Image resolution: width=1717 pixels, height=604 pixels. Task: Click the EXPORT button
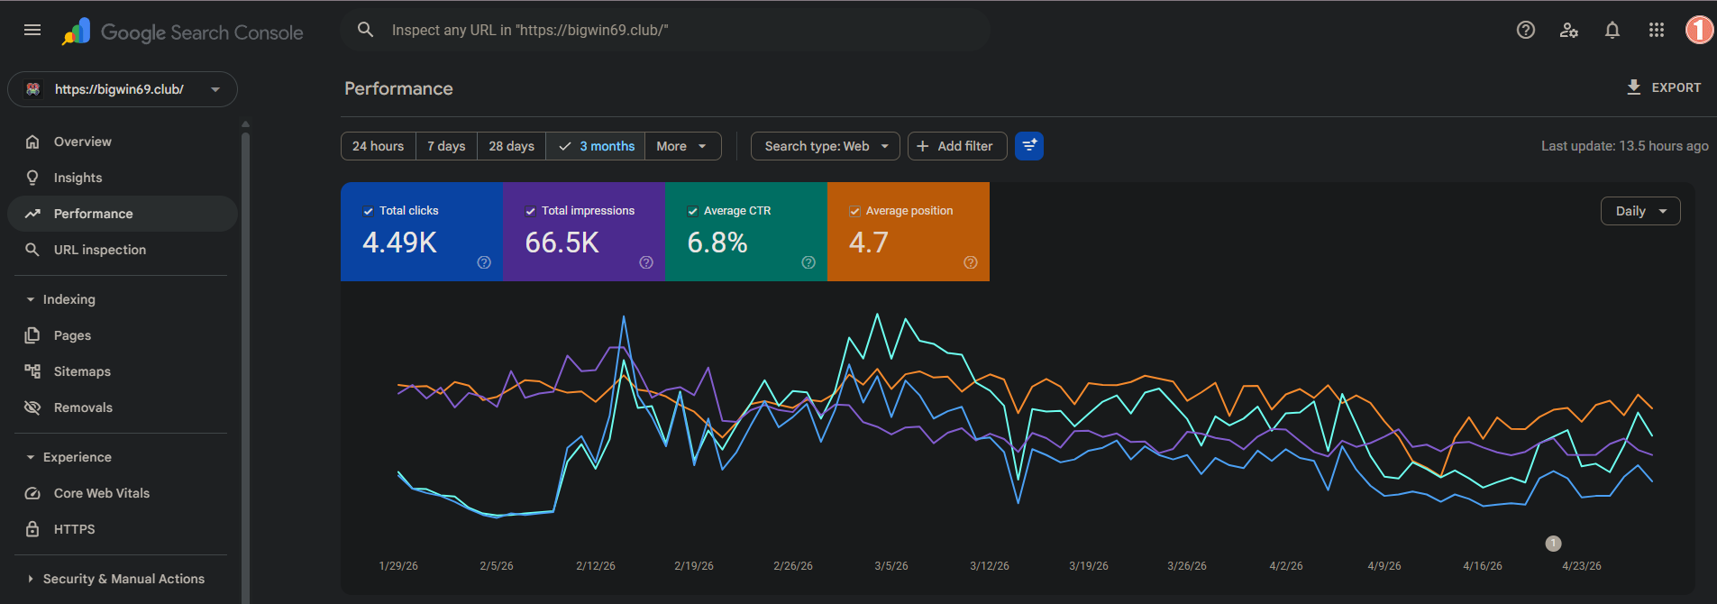(1663, 87)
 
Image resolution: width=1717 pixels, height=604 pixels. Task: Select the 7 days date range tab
(446, 146)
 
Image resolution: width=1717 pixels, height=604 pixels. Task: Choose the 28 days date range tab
(511, 146)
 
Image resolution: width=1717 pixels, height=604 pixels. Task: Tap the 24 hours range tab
(379, 146)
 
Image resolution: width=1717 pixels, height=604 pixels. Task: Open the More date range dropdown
(682, 146)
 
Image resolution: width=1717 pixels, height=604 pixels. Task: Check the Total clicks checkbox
(368, 211)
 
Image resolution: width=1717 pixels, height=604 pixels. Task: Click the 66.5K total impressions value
(562, 243)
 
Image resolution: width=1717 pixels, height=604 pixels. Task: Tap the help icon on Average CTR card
(808, 262)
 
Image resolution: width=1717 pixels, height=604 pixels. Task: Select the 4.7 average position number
(869, 243)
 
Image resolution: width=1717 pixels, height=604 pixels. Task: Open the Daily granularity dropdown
(1640, 211)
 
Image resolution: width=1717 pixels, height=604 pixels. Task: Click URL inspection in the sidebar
(99, 250)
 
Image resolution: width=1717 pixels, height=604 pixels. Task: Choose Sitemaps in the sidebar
(82, 371)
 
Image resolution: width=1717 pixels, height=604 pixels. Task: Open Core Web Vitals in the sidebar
(102, 493)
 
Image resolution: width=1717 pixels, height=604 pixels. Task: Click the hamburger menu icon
(32, 30)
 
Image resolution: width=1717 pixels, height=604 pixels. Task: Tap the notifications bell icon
(1612, 30)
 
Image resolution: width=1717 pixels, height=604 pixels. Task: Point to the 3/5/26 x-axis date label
(891, 566)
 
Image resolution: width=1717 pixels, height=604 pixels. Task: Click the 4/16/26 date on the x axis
(1483, 566)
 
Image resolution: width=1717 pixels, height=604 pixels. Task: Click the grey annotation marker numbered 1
(1553, 544)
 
